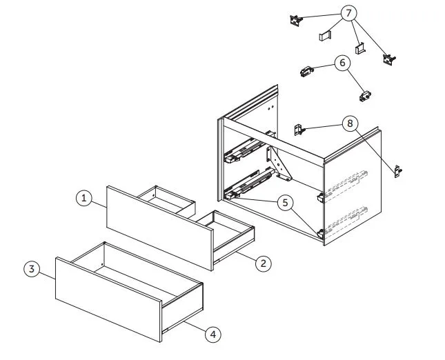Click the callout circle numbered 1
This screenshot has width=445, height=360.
click(x=84, y=198)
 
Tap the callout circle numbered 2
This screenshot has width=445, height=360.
click(x=264, y=263)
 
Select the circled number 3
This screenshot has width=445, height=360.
click(x=32, y=269)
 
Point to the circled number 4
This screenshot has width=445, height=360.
click(x=213, y=334)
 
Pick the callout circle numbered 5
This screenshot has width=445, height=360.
click(x=285, y=203)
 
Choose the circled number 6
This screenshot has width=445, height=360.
click(x=343, y=63)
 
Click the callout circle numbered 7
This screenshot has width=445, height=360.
click(x=348, y=13)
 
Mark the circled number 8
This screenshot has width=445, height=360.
click(x=350, y=123)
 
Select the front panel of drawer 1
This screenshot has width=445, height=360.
click(x=160, y=228)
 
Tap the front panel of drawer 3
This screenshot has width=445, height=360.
click(x=109, y=299)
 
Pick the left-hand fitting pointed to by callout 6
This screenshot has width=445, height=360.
click(x=306, y=71)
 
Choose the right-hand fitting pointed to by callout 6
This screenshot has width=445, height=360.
click(x=365, y=96)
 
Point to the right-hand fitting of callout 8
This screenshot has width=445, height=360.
click(x=398, y=171)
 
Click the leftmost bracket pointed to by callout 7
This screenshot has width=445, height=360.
click(x=296, y=21)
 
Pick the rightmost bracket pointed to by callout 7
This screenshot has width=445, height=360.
click(x=389, y=59)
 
